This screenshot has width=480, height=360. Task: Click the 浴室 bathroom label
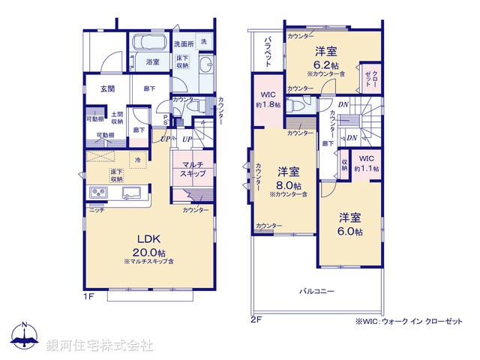click(x=153, y=62)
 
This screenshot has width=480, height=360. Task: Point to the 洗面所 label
click(x=183, y=43)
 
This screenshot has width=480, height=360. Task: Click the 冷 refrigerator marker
click(x=137, y=159)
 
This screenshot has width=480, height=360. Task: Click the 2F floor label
click(x=255, y=319)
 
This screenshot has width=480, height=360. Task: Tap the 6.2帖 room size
click(x=325, y=64)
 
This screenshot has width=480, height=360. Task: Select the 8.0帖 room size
click(x=288, y=185)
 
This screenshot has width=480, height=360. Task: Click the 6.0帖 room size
click(x=349, y=232)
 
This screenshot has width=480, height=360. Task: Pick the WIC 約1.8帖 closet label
click(x=268, y=100)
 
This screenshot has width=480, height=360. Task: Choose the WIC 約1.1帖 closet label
click(x=366, y=163)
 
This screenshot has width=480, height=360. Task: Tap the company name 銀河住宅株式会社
click(x=100, y=346)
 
